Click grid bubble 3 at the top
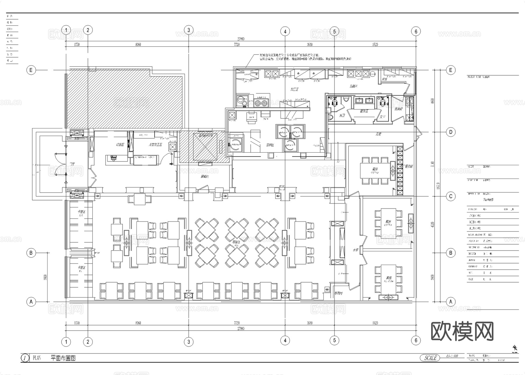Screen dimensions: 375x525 click(x=189, y=30)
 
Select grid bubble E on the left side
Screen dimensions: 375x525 click(x=31, y=70)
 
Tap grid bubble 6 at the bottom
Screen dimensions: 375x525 click(x=416, y=340)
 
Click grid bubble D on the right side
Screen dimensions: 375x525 click(x=451, y=132)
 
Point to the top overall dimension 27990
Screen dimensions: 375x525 click(x=241, y=39)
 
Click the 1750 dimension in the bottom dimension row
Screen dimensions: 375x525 click(x=76, y=323)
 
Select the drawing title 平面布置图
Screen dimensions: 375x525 click(x=63, y=358)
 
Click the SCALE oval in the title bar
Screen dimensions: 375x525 click(x=430, y=358)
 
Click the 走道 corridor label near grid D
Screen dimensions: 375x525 click(x=378, y=134)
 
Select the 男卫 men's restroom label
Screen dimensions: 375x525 click(x=342, y=116)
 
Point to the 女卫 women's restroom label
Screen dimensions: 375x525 click(x=382, y=117)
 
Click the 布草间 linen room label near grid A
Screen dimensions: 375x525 click(x=338, y=293)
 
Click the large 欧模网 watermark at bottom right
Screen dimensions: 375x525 click(x=462, y=331)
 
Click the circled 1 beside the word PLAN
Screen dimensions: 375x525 click(x=25, y=358)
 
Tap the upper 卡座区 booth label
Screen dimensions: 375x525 click(x=81, y=212)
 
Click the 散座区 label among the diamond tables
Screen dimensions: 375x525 click(x=236, y=242)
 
